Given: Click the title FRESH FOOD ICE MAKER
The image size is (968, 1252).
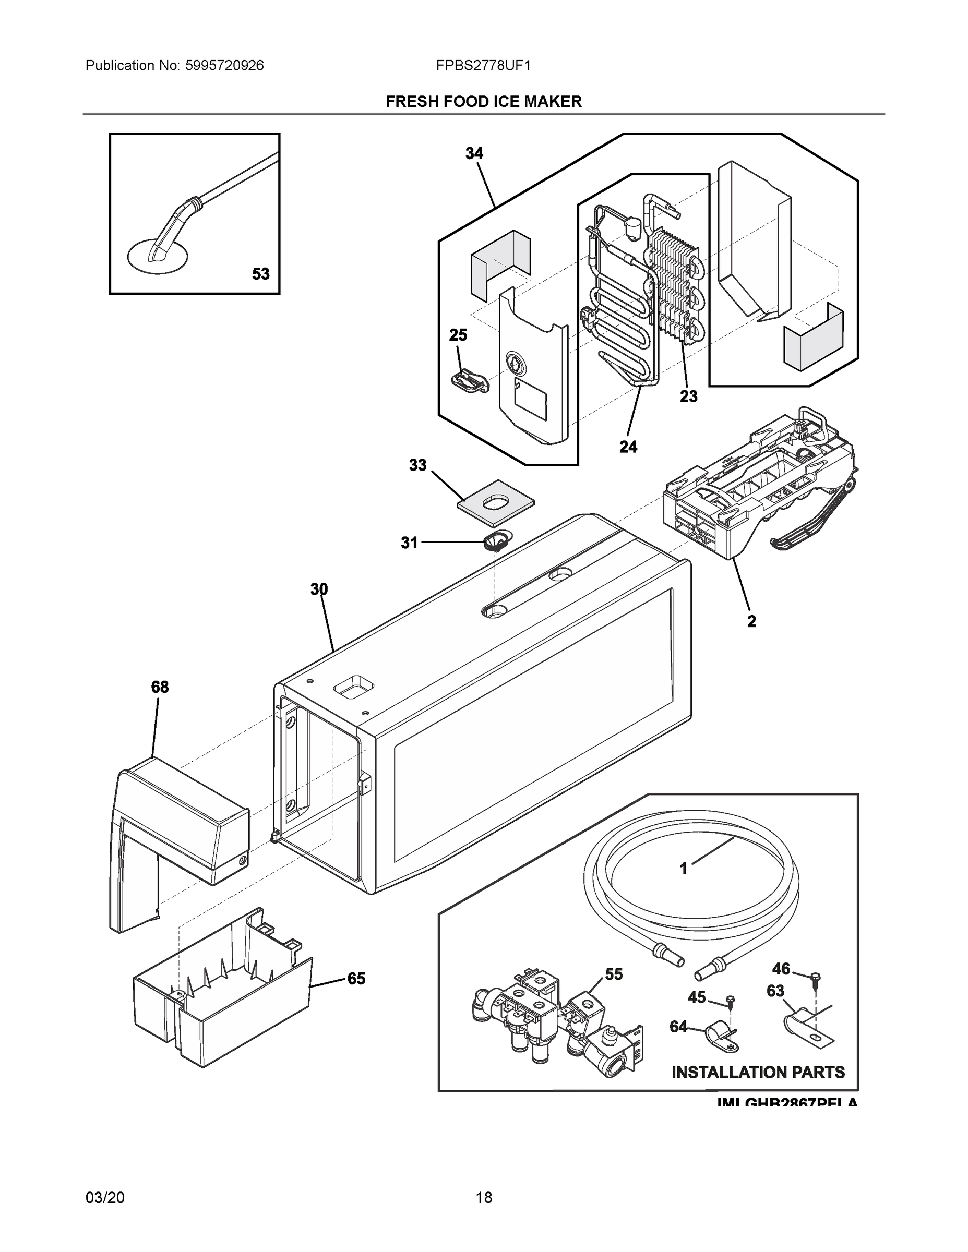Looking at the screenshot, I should (x=483, y=102).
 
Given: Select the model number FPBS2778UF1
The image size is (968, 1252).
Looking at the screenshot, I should (x=483, y=65).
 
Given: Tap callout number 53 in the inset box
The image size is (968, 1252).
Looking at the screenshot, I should (x=260, y=274).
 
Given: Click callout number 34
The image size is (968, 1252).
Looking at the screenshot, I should (x=474, y=154).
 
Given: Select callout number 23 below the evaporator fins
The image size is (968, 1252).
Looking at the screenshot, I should (x=688, y=395).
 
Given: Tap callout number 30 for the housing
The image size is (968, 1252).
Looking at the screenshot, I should (x=319, y=589).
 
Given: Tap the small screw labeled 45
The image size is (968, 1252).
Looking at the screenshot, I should (x=729, y=1001).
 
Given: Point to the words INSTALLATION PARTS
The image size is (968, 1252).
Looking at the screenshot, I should (x=758, y=1072).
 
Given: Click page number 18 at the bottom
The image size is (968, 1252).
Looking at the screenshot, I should (x=483, y=1197).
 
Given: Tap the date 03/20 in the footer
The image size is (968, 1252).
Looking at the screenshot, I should (x=104, y=1197).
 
